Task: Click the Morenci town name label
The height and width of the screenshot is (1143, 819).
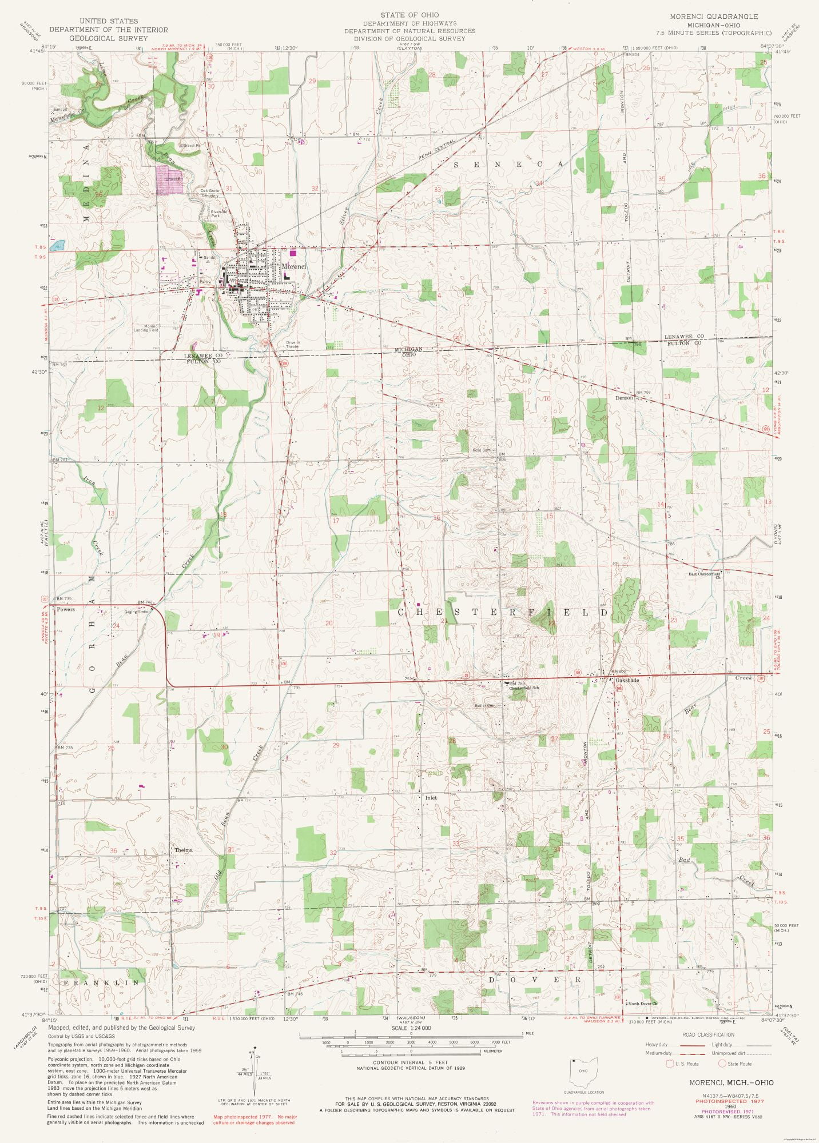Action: (293, 267)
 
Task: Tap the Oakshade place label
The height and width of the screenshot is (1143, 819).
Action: (627, 681)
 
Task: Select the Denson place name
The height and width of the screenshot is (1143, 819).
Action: (624, 398)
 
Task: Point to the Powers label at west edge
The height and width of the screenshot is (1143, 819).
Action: (66, 609)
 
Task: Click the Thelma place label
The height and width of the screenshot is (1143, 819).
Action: (184, 850)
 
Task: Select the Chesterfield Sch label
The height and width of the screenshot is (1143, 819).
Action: (524, 688)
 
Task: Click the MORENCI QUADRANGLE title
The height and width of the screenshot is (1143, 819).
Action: (714, 17)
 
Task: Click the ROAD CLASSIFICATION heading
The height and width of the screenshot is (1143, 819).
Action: (708, 1035)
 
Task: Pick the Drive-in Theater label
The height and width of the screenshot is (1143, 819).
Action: (293, 344)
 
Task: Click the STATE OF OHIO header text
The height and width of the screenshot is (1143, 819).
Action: (409, 14)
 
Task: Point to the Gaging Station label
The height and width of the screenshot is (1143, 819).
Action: (138, 612)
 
